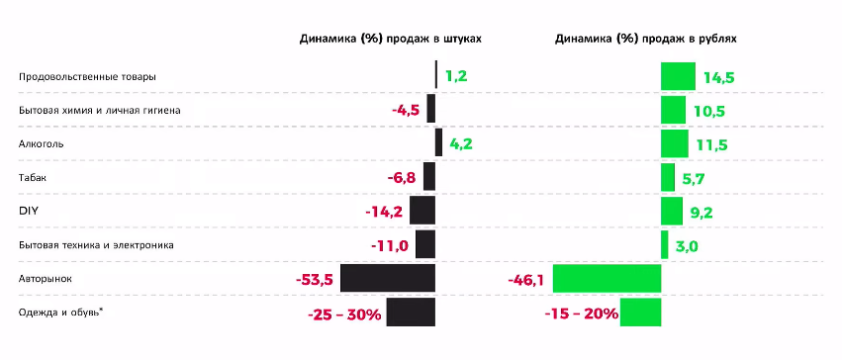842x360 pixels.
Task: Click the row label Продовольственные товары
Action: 88,76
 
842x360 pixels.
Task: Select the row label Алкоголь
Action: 42,143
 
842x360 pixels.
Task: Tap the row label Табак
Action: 33,177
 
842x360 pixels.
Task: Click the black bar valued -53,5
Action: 387,278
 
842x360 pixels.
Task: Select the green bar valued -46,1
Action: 606,279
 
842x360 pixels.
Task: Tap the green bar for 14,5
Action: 678,76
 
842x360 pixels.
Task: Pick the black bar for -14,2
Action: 422,211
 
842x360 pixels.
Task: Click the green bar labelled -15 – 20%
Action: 640,313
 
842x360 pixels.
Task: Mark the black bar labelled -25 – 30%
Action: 411,313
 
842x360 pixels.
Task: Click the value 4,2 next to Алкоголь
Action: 461,143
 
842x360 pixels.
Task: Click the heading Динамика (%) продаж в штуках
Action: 391,39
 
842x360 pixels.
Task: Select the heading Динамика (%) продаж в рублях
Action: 646,39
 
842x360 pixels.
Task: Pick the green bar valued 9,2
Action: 671,211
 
